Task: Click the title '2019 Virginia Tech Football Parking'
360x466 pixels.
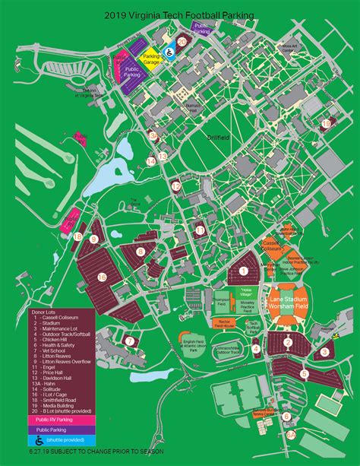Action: click(x=181, y=14)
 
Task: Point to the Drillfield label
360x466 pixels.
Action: click(x=218, y=137)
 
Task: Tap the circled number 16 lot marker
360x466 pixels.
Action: click(x=102, y=277)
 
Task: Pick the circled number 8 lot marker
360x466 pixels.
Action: click(x=141, y=252)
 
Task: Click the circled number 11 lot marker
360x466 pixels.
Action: click(x=200, y=230)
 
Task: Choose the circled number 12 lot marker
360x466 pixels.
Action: click(x=176, y=185)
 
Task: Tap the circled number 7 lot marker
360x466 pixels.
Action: click(x=130, y=341)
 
